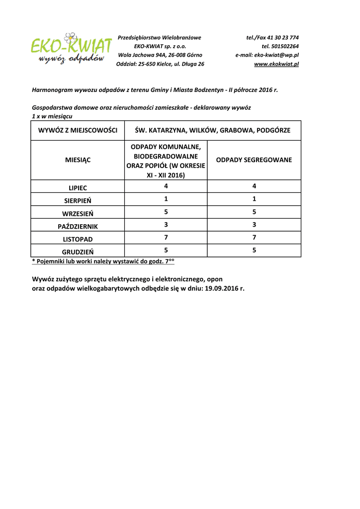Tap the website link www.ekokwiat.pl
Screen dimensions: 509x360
pyautogui.click(x=276, y=64)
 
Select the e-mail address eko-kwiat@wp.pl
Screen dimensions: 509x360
pyautogui.click(x=276, y=55)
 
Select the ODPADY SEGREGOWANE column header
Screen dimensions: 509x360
pyautogui.click(x=254, y=160)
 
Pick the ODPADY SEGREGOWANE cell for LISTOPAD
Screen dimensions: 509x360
pyautogui.click(x=254, y=238)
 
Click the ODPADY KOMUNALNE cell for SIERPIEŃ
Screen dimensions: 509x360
pyautogui.click(x=166, y=199)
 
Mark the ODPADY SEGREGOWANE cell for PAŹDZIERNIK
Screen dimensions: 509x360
pyautogui.click(x=254, y=225)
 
